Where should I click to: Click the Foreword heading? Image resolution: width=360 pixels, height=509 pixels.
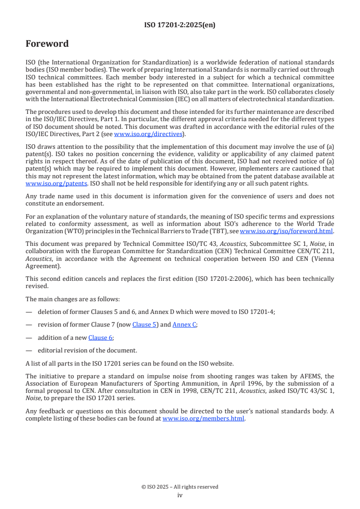point(47,44)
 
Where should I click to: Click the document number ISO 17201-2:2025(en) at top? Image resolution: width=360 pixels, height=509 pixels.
point(180,25)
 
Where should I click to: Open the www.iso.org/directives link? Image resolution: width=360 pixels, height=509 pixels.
point(148,134)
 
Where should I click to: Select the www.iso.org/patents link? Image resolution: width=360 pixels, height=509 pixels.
point(44,183)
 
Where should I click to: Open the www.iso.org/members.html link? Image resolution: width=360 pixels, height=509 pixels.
point(203,419)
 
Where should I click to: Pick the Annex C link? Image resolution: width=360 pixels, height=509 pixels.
point(184,324)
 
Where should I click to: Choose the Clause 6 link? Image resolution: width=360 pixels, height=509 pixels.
point(100,338)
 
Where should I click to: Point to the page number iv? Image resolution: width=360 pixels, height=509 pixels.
point(180,495)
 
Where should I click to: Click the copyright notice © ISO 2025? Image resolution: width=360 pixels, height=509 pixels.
point(180,487)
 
